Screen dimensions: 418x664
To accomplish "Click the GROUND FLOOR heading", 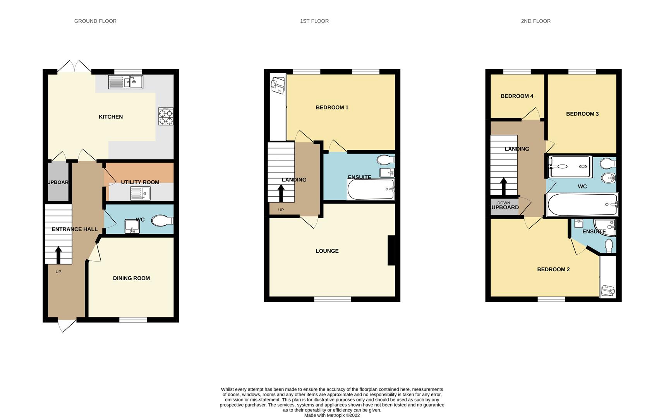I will click(95, 21).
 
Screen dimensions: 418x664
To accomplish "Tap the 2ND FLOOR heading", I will click(535, 21).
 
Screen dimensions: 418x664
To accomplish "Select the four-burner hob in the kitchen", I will click(166, 116).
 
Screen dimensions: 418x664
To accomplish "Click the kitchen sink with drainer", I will click(125, 82).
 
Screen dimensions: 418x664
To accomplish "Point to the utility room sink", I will click(140, 193).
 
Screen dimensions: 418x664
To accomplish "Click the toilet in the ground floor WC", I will click(162, 221).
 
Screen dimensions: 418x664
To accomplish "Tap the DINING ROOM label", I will click(131, 278).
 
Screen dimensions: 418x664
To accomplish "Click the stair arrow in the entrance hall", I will click(58, 255).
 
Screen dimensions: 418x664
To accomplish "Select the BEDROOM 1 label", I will click(332, 107).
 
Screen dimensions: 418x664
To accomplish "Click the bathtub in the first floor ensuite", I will click(371, 190).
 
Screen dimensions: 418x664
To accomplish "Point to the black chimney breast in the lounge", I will click(391, 250).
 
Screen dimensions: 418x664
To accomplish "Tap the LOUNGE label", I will click(327, 251).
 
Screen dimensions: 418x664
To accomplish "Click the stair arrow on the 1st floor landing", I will click(281, 193).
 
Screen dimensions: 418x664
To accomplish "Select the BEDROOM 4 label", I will click(516, 96).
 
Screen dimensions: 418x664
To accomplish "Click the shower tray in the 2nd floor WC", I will click(570, 166).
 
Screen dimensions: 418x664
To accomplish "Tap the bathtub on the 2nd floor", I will click(582, 204).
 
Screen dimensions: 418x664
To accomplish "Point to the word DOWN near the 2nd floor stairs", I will click(503, 203).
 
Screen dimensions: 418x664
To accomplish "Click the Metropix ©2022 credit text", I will click(332, 415).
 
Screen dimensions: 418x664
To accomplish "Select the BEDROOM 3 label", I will click(582, 114).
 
